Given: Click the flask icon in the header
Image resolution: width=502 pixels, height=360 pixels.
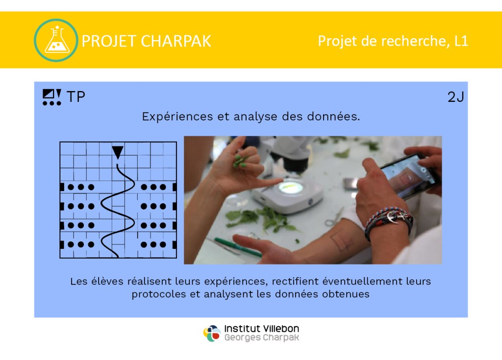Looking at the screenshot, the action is [56, 40].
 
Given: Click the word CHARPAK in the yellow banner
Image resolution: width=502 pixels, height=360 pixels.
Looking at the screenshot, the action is [176, 41].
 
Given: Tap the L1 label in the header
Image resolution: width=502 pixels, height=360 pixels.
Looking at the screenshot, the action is [461, 41].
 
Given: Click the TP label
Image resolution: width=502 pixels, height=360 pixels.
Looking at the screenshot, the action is [76, 96].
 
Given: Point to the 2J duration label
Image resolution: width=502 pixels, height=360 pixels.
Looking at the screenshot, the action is [455, 97].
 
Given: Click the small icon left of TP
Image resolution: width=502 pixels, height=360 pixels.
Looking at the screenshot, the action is [52, 97].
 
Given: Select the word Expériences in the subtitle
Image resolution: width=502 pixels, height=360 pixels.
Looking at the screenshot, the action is [177, 117].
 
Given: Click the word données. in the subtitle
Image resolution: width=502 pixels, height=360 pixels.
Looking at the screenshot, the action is [333, 117].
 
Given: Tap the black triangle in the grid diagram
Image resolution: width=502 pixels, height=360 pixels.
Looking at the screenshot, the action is [118, 152].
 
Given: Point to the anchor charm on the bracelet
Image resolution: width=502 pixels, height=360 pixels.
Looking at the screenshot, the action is [393, 217].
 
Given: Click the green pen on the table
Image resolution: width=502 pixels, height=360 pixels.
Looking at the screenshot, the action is [237, 246].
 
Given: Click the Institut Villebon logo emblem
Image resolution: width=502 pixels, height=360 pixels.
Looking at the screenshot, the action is [212, 334].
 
